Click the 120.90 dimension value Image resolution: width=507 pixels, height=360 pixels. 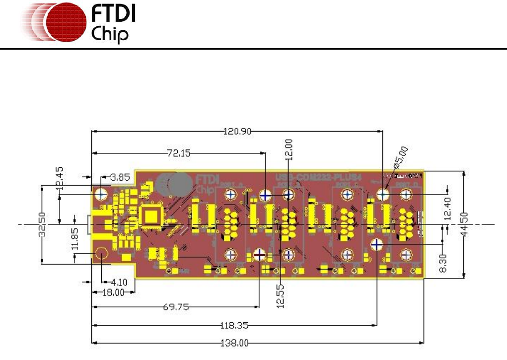pos(238,132)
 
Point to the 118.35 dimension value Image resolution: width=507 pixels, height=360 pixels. pos(235,326)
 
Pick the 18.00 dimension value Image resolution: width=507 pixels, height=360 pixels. pos(113,293)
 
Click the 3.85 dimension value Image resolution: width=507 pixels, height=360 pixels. pos(120,177)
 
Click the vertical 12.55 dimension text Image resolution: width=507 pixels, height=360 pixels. pos(282,296)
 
